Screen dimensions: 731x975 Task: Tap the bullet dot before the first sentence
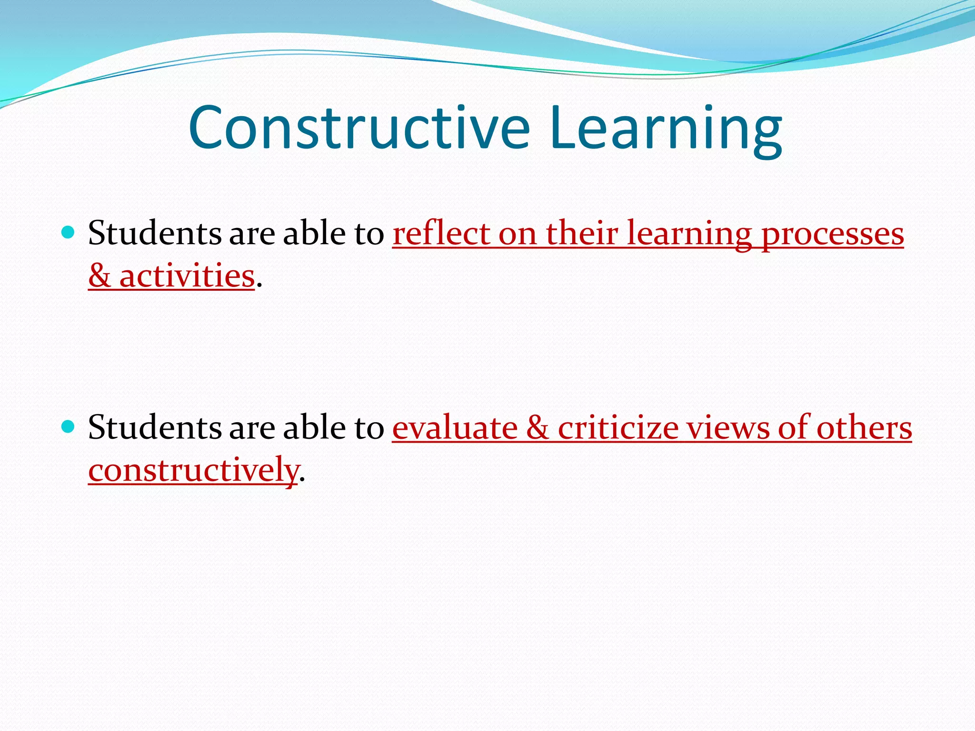(x=69, y=233)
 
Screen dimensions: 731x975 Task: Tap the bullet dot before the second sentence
(x=69, y=426)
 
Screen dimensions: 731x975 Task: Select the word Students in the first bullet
(x=155, y=233)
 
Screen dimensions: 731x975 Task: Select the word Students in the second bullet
(x=155, y=427)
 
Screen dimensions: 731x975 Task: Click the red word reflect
(x=441, y=233)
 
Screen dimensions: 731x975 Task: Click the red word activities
(x=187, y=276)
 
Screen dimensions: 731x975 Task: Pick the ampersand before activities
(x=99, y=276)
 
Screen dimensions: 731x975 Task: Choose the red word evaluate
(x=455, y=427)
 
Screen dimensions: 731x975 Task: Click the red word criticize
(x=618, y=427)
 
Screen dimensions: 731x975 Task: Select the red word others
(x=864, y=427)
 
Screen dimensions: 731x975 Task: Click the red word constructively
(x=193, y=470)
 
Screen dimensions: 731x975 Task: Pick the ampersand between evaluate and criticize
(x=537, y=427)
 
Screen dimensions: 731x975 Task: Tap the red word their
(x=582, y=233)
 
